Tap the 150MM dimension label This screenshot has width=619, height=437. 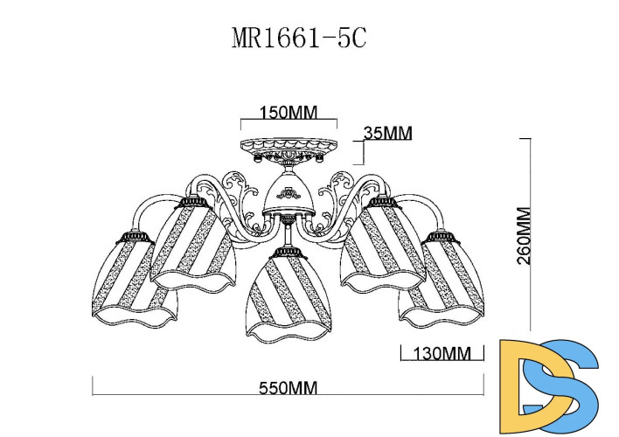coord(289,113)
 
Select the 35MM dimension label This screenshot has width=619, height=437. coord(387,133)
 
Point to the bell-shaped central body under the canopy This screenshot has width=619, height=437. coord(289,194)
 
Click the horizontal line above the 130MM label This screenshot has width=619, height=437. coord(441,345)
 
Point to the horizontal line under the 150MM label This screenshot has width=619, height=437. coord(289,121)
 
